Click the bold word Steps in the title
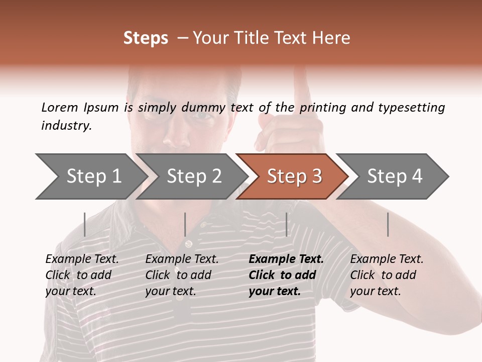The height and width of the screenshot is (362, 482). (146, 38)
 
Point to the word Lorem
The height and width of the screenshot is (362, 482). (60, 107)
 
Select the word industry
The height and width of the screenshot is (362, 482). (66, 126)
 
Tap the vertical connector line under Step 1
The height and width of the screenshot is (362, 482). (85, 224)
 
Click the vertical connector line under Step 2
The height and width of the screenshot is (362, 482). (185, 224)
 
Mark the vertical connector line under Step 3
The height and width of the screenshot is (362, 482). (287, 224)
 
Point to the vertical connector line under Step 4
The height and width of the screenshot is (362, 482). (388, 224)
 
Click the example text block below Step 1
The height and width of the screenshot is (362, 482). (82, 275)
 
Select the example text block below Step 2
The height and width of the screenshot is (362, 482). (182, 275)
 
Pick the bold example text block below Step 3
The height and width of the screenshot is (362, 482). (286, 275)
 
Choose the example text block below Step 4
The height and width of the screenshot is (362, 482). (387, 275)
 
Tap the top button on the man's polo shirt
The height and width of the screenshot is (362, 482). (188, 244)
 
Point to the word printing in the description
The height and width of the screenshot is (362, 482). (324, 108)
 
